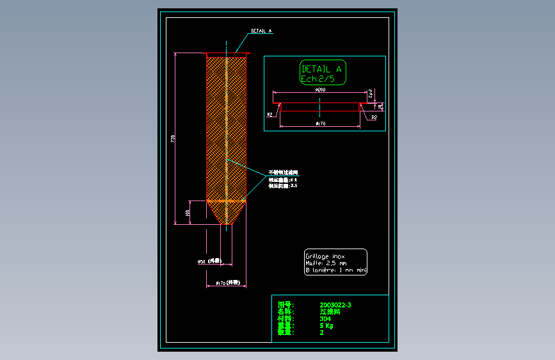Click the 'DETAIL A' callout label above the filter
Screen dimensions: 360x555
(261, 30)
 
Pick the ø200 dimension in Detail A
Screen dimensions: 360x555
(321, 90)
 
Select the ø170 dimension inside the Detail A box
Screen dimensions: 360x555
(321, 123)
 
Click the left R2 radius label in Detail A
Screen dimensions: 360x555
(271, 115)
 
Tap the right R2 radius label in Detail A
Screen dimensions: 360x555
(374, 118)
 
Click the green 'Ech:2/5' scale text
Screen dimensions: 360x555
(318, 79)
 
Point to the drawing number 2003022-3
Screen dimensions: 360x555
(335, 305)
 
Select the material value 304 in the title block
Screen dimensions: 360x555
(326, 318)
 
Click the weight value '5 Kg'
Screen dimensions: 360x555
(326, 325)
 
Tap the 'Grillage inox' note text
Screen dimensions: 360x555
(325, 256)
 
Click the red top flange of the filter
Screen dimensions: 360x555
(227, 54)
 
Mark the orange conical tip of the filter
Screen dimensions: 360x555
(227, 214)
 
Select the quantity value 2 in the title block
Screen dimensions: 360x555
(321, 332)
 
